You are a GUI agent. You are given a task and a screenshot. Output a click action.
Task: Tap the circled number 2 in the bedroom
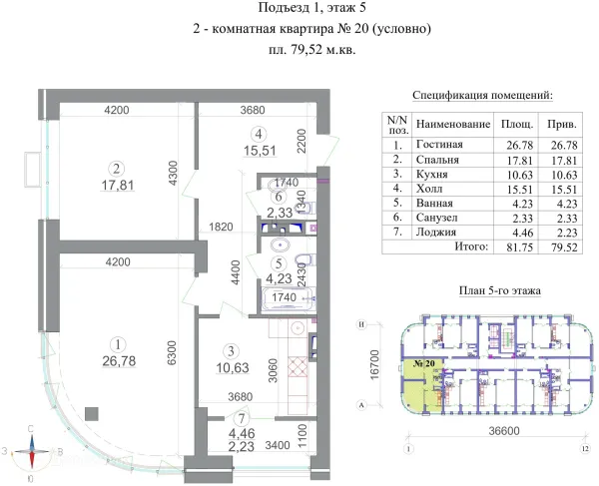coord(117,168)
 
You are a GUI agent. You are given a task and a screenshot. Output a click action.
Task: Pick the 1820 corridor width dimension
coord(220,227)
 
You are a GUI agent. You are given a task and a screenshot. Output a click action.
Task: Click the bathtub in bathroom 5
coord(289,300)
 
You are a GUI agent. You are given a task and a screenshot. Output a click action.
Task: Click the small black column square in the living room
coord(92,411)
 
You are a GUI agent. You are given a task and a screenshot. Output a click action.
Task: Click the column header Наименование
coord(452,125)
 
